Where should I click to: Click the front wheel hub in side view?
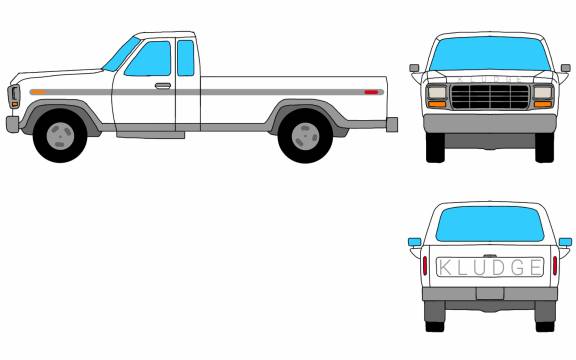click(60, 136)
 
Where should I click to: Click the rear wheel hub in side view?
click(305, 136)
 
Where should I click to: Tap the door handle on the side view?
click(163, 86)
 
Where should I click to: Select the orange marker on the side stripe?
click(38, 92)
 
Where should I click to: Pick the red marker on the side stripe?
click(371, 92)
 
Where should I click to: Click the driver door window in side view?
click(149, 59)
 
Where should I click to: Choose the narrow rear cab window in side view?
click(186, 58)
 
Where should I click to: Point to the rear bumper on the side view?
click(392, 125)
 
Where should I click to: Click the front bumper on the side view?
click(12, 124)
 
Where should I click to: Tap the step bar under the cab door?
click(151, 135)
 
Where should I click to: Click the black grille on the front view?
click(490, 97)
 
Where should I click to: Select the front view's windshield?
click(490, 53)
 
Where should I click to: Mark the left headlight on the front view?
click(437, 92)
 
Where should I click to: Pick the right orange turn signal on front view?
click(543, 104)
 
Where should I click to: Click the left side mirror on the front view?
click(414, 68)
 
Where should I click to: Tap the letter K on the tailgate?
click(446, 267)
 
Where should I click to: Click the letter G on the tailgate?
click(519, 267)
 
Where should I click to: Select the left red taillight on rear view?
click(425, 266)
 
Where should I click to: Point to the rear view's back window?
click(490, 224)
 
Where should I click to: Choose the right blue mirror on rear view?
click(565, 242)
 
